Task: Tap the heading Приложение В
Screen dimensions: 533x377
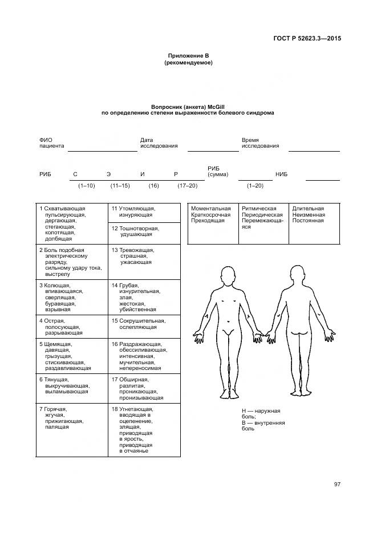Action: click(x=188, y=56)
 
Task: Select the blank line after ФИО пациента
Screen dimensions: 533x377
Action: click(x=103, y=150)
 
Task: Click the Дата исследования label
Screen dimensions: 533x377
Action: click(x=159, y=143)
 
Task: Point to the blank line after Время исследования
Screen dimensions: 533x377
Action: click(x=314, y=150)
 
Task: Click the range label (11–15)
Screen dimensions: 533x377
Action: click(x=120, y=186)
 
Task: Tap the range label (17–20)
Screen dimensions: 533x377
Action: click(x=187, y=186)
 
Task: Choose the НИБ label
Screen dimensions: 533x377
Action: click(x=282, y=174)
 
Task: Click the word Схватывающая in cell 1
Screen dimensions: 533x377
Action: click(x=65, y=209)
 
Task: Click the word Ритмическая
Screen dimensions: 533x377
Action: click(x=259, y=209)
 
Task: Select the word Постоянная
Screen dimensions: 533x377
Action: click(x=308, y=221)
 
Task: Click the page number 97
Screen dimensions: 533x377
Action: click(x=337, y=484)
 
